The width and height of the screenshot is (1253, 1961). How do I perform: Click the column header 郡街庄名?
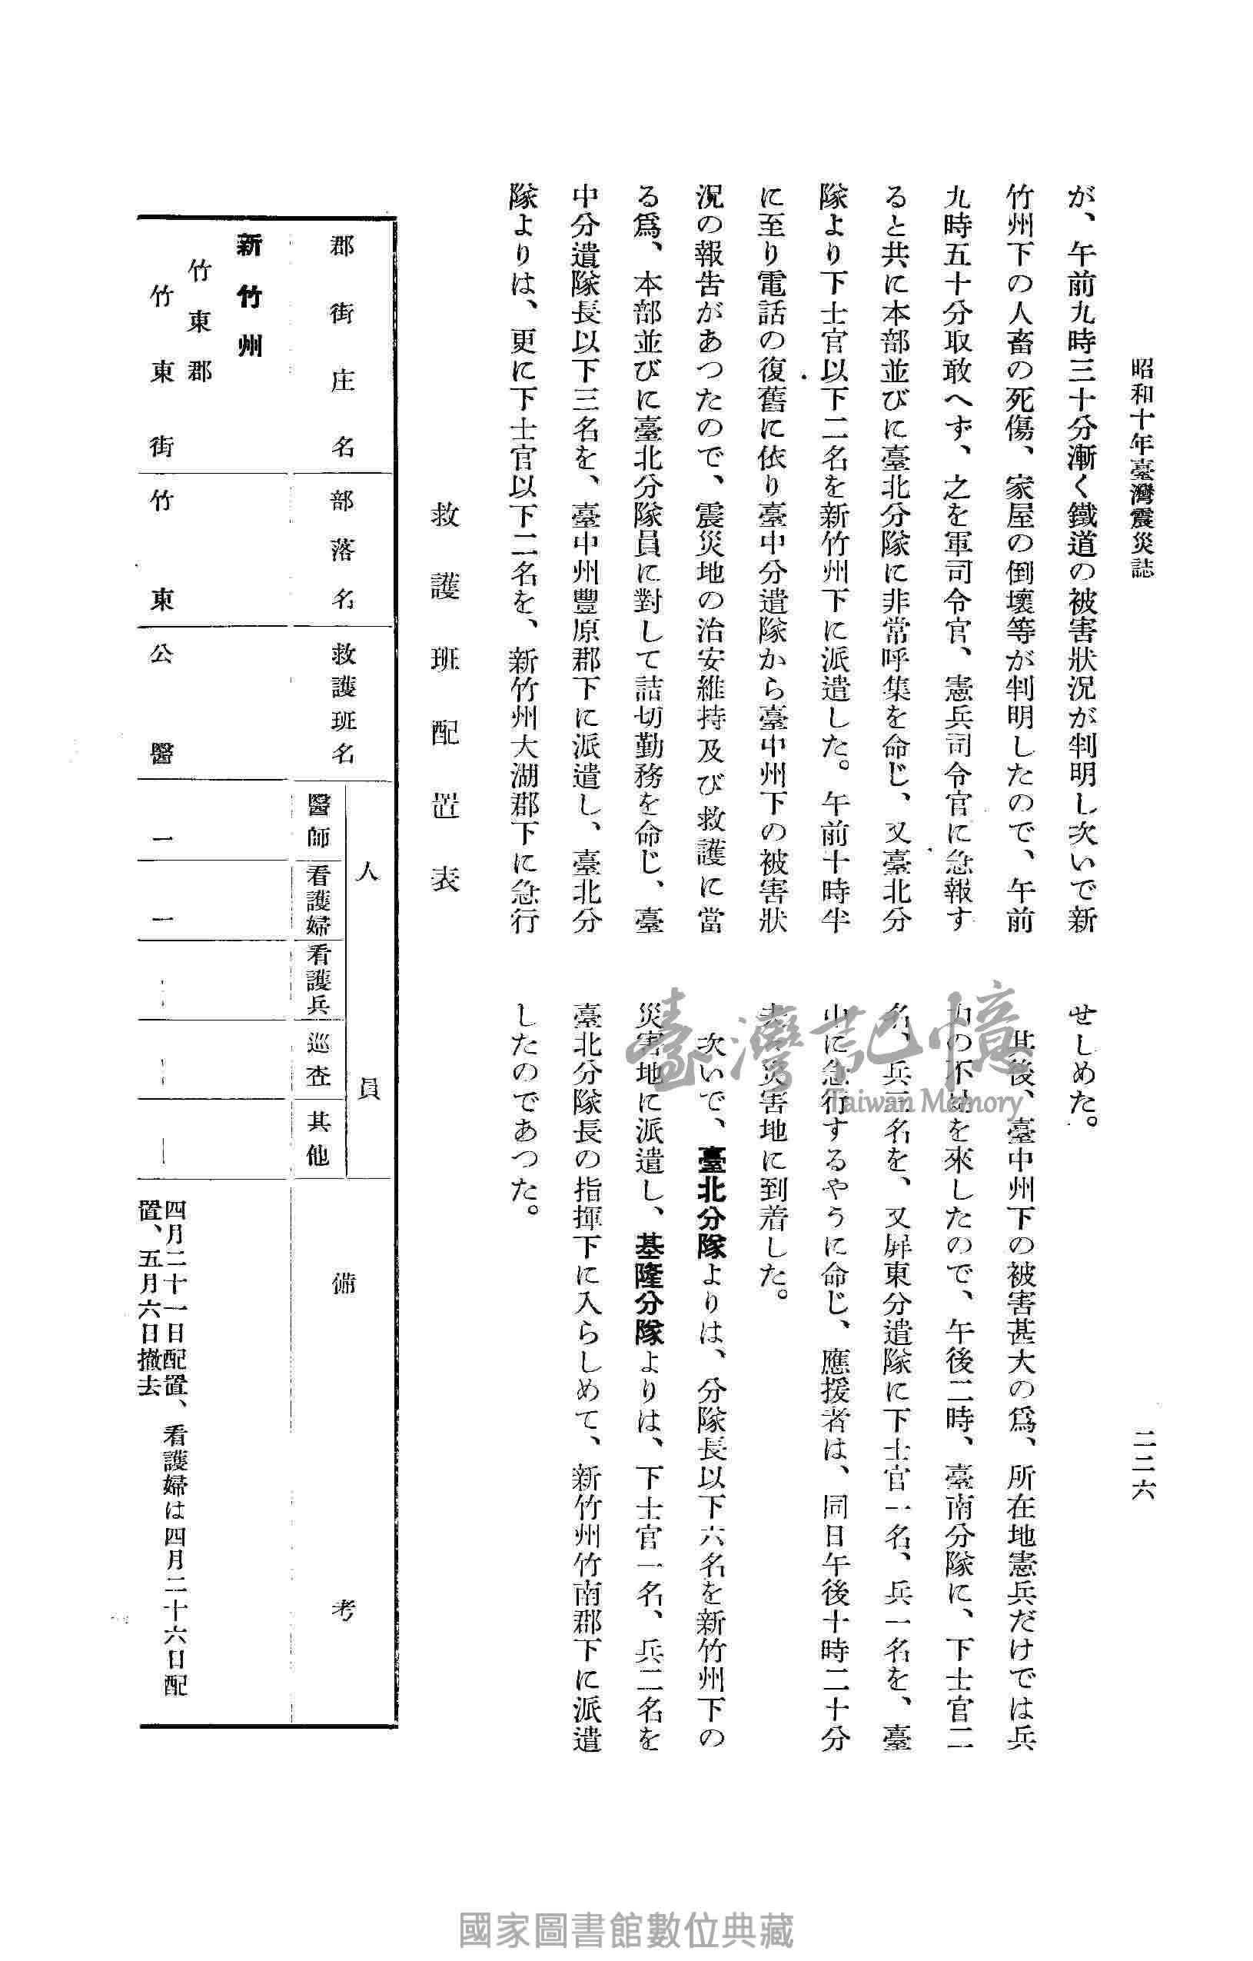click(342, 345)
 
